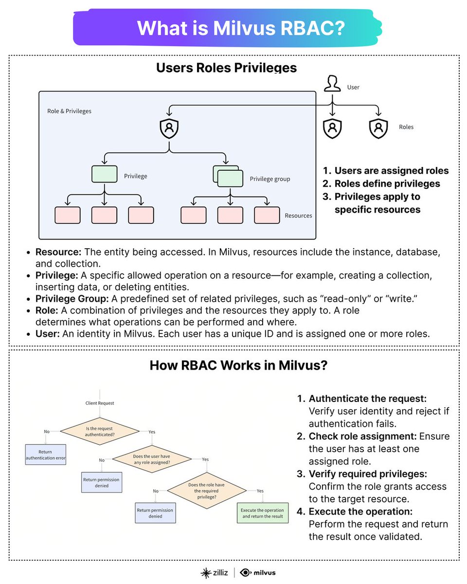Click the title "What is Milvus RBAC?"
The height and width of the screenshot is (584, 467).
tap(241, 28)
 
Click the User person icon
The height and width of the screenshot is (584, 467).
tap(332, 83)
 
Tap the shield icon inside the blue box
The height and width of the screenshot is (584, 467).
tap(169, 128)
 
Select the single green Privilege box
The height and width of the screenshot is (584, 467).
tap(104, 174)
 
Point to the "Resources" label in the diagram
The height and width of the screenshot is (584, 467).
tap(298, 215)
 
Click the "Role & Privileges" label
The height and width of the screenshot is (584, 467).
tap(69, 111)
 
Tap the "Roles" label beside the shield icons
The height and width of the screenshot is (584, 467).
tap(406, 127)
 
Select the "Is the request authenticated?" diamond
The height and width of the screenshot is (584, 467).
tap(99, 431)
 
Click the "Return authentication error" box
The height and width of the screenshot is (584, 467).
tap(45, 455)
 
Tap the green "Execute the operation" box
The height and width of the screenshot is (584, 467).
tap(262, 513)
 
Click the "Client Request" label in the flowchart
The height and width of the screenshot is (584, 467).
tap(99, 403)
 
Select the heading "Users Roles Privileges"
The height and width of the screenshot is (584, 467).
tap(226, 68)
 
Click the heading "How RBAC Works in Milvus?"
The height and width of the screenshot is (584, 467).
tap(238, 365)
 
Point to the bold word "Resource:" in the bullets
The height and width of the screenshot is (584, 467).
tap(58, 253)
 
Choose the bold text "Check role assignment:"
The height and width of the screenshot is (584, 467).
tap(362, 436)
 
